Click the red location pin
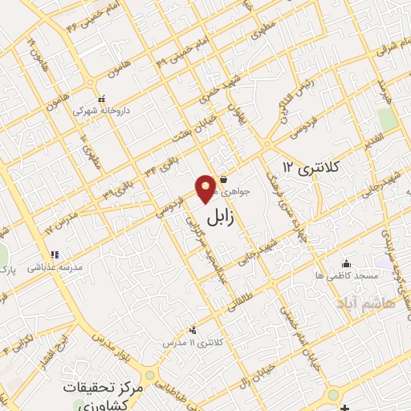(x=206, y=188)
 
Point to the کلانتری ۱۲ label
(x=312, y=167)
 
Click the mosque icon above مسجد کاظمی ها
(x=346, y=263)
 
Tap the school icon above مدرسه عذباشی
(x=54, y=255)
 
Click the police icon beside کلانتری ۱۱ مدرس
(x=192, y=330)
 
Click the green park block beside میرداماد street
(x=386, y=119)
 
